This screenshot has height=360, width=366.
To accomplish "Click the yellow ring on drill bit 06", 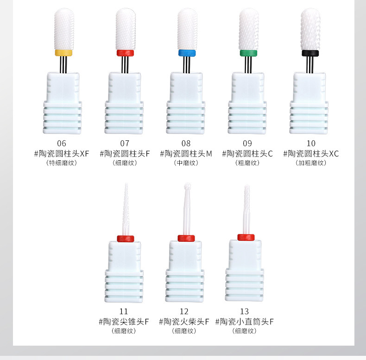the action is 63,53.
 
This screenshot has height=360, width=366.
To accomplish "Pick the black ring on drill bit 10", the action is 309,53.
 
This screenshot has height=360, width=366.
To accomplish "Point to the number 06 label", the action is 62,143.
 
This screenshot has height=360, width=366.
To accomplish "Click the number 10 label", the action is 310,143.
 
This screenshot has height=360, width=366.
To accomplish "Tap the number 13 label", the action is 244,311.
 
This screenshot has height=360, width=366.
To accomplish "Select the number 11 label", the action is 124,311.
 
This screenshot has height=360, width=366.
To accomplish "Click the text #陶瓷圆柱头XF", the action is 62,153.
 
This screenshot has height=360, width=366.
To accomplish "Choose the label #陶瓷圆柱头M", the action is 186,153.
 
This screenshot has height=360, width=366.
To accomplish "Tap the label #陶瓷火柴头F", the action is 184,322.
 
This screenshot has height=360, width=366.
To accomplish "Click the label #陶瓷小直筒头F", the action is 244,322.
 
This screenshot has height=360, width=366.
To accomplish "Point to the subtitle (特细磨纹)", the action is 62,163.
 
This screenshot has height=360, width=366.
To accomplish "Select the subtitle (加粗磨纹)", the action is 310,163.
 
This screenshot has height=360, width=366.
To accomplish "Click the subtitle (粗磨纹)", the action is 247,163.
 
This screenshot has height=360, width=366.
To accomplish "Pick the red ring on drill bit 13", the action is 246,238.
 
